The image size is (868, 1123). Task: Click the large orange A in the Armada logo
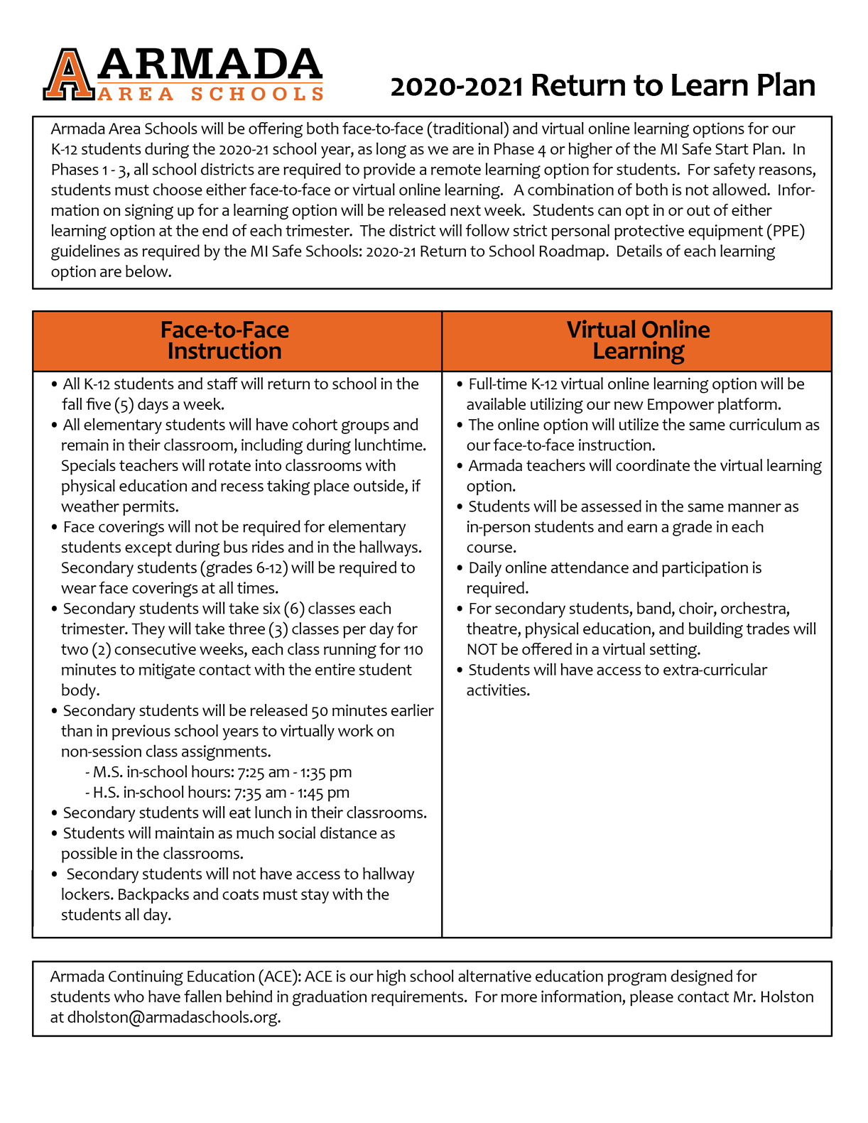[68, 74]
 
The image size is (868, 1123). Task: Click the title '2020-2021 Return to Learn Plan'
[602, 86]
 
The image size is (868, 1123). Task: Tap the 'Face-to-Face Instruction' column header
[224, 340]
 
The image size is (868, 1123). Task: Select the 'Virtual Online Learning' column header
[638, 340]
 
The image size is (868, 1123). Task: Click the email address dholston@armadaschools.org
[173, 1017]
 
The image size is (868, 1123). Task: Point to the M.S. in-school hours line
[218, 772]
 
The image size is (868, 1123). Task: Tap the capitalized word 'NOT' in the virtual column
[482, 650]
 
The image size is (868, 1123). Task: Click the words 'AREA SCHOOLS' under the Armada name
[210, 94]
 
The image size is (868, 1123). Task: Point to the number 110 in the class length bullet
[413, 650]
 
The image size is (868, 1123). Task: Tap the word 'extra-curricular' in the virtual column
[715, 671]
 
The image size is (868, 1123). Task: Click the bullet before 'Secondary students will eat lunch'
[54, 813]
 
